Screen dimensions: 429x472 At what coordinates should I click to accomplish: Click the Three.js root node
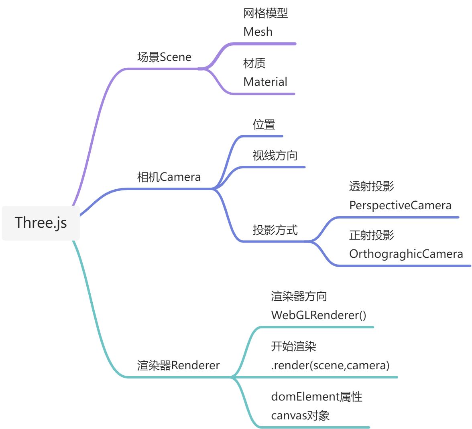click(41, 223)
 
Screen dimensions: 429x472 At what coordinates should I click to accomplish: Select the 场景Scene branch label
click(164, 57)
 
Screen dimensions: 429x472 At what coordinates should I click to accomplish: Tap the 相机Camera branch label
click(169, 177)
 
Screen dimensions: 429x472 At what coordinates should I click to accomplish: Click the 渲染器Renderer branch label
click(178, 365)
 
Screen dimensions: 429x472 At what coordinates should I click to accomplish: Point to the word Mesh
click(258, 32)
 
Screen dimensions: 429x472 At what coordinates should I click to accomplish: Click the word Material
click(265, 82)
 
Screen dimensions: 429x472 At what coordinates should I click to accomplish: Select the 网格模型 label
click(265, 13)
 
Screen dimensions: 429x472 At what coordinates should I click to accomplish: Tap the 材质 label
click(254, 63)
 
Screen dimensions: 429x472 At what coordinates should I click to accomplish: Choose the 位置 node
click(264, 124)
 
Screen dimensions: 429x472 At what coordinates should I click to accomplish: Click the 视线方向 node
click(275, 155)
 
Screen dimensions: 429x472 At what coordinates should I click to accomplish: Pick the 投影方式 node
click(275, 230)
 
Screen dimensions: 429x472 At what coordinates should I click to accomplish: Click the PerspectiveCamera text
click(400, 205)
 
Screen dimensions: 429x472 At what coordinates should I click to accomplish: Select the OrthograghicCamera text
click(406, 254)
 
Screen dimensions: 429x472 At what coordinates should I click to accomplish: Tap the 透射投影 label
click(371, 186)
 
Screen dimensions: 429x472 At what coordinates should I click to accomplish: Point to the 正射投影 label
click(371, 235)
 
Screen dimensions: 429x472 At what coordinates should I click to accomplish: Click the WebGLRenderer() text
click(319, 315)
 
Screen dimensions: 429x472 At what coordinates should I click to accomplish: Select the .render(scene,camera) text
click(330, 365)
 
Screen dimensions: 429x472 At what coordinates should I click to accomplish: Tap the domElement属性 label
click(316, 397)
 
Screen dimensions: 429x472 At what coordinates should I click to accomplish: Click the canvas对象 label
click(300, 415)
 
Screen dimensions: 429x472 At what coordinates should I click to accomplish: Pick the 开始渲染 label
click(293, 346)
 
